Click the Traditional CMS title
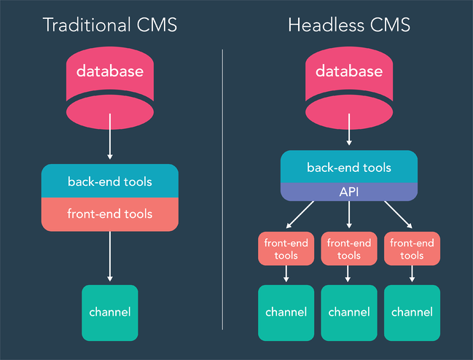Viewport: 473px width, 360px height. pyautogui.click(x=109, y=25)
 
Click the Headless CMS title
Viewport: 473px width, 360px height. pyautogui.click(x=349, y=25)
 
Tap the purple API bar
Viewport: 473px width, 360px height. pyautogui.click(x=349, y=192)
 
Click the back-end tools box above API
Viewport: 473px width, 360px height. pyautogui.click(x=349, y=167)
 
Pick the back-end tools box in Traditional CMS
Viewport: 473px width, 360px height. pyautogui.click(x=110, y=181)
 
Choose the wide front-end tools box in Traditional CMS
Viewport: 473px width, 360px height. pyautogui.click(x=110, y=214)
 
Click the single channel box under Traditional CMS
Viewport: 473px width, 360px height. pyautogui.click(x=110, y=313)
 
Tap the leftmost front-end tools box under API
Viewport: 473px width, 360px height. pyautogui.click(x=286, y=249)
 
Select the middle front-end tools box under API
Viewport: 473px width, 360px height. pyautogui.click(x=349, y=249)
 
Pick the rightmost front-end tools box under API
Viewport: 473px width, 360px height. pyautogui.click(x=412, y=249)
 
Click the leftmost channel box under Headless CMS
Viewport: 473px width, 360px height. pyautogui.click(x=286, y=313)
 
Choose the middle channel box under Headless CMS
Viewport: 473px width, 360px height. pyautogui.click(x=349, y=313)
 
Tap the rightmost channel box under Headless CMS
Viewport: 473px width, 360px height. pyautogui.click(x=412, y=313)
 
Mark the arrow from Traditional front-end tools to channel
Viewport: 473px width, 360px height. pyautogui.click(x=110, y=257)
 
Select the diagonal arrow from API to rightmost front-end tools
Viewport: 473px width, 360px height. pyautogui.click(x=396, y=215)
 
